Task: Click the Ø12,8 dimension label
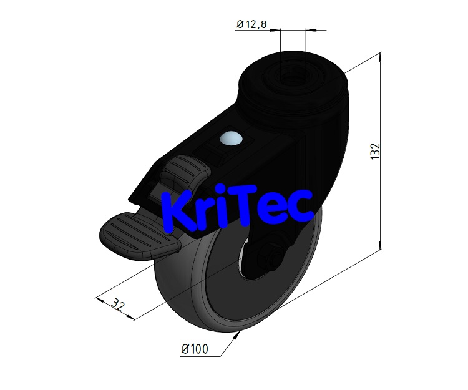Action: (x=251, y=24)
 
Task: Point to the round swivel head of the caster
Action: (x=293, y=84)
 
